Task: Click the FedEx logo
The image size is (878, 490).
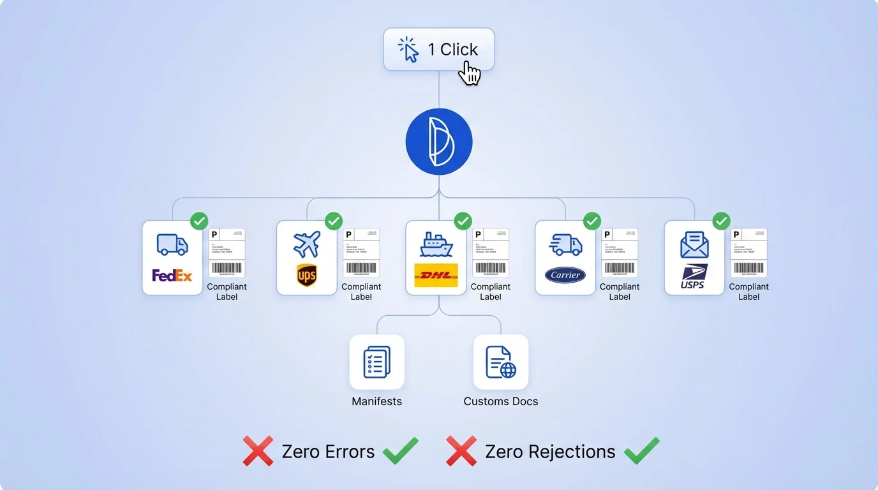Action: click(172, 276)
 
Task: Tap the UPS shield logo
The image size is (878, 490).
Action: click(307, 276)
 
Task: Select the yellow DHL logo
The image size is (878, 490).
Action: click(436, 275)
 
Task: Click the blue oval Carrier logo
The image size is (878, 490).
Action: click(565, 275)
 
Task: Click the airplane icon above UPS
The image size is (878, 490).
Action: click(307, 244)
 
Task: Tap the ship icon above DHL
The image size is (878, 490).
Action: click(436, 244)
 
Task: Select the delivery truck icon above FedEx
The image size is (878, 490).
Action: click(172, 244)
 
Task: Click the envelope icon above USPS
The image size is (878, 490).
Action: click(694, 244)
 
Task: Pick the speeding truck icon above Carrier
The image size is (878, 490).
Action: click(565, 244)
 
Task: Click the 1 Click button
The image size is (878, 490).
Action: click(439, 49)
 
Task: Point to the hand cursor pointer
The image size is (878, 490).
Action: click(470, 73)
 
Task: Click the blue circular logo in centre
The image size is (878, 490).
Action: click(439, 142)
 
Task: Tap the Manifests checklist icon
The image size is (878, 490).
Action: click(376, 362)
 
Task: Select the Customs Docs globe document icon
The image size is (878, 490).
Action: click(501, 362)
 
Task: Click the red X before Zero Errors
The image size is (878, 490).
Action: click(258, 451)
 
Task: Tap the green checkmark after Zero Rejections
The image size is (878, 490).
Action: click(641, 451)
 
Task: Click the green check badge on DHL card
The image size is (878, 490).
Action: click(463, 221)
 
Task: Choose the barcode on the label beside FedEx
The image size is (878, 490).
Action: click(227, 268)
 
